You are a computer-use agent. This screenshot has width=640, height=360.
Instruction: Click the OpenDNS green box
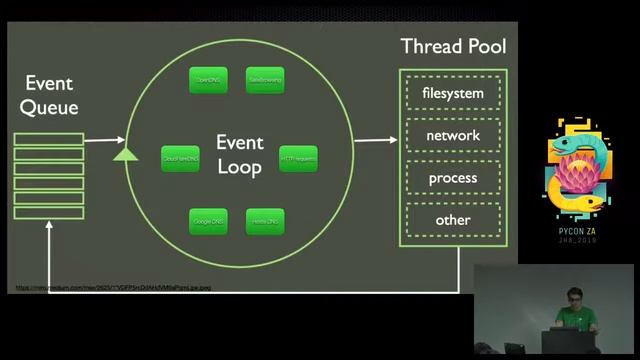point(208,79)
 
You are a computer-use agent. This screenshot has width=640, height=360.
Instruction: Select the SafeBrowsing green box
point(265,79)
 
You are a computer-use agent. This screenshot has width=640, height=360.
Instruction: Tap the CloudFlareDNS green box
point(180,158)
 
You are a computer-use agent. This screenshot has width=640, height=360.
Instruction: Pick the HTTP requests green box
point(298,158)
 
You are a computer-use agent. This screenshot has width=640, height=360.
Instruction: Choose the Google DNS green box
point(208,220)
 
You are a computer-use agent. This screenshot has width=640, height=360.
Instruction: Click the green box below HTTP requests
point(265,220)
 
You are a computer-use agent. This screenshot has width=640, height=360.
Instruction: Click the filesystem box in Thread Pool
point(452,94)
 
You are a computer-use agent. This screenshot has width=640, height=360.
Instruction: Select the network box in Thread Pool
point(452,136)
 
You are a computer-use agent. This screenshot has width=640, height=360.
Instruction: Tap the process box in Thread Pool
point(452,178)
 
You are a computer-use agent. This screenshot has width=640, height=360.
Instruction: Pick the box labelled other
point(452,220)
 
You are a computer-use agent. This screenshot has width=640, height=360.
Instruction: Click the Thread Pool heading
point(453,46)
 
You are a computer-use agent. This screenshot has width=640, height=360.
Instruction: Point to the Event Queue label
point(49,95)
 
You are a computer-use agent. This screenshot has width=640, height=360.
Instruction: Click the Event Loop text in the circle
point(239,155)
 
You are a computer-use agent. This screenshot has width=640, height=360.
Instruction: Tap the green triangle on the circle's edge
point(125,154)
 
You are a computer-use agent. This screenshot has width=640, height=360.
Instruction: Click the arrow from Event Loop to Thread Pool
point(375,140)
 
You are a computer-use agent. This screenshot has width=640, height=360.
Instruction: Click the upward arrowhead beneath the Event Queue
point(49,229)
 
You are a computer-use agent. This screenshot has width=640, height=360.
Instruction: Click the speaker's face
point(573,297)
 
